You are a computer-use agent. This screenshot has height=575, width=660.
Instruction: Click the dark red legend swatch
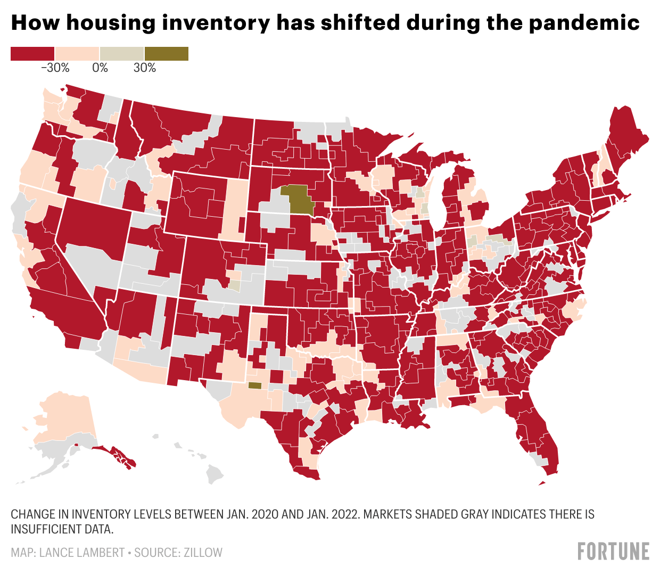pos(32,53)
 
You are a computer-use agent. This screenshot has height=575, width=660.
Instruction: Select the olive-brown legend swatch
pos(166,53)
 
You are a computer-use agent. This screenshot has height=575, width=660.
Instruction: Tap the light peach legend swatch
pos(77,53)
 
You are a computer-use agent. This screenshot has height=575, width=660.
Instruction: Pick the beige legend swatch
pos(121,53)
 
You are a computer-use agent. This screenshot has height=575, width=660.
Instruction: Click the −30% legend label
pos(55,68)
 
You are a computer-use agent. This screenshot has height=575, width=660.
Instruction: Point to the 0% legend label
pos(100,68)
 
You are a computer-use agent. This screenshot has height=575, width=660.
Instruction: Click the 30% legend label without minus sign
pos(144,68)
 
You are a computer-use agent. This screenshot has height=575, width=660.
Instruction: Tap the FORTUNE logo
pos(613,551)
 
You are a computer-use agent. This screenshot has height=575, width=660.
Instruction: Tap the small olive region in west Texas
pos(255,385)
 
